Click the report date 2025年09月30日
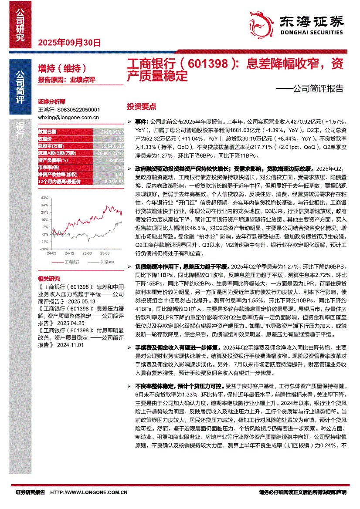[x=70, y=43]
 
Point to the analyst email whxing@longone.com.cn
[x=68, y=117]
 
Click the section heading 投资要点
[x=141, y=107]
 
